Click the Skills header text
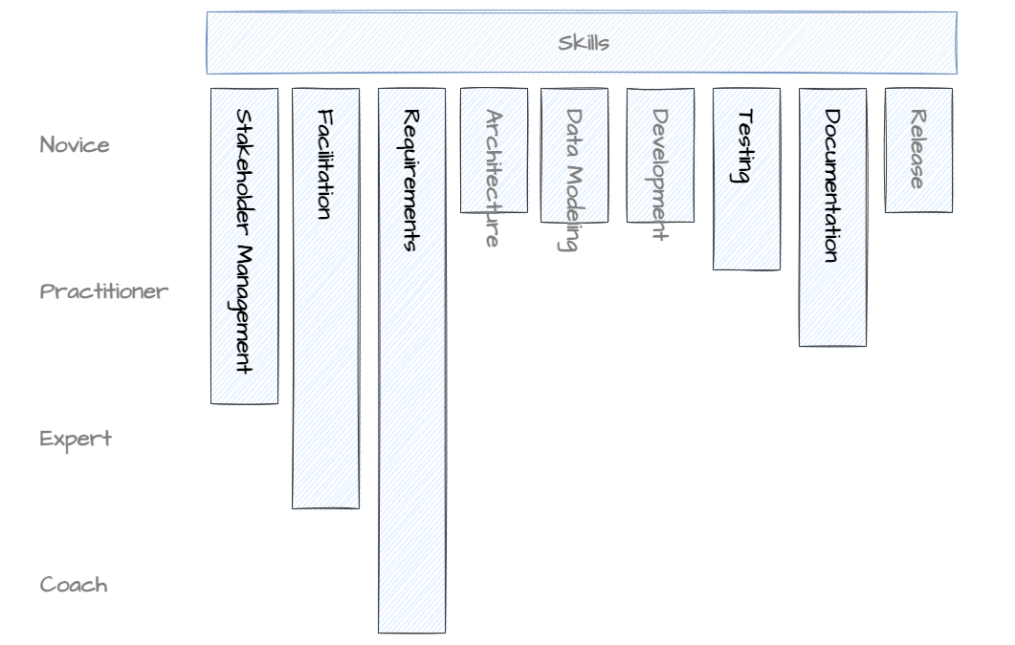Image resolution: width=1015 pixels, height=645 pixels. pos(584,43)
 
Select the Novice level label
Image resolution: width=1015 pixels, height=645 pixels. pos(75,145)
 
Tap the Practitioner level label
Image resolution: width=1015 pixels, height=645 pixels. pos(103,291)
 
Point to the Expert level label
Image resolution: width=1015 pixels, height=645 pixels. pos(76,439)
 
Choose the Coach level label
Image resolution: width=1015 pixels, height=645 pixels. pos(74,585)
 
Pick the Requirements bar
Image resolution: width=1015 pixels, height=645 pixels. pos(411,430)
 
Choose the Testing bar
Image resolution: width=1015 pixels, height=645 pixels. pos(746,220)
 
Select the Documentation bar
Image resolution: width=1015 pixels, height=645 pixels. pos(832,296)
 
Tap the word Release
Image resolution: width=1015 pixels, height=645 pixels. pos(916,149)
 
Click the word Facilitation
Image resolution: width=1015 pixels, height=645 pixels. pos(325,164)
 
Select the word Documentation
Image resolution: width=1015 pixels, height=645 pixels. pos(831,185)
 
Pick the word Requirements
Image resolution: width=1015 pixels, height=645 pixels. pos(410,180)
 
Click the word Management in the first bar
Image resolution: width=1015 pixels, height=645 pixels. pos(244,310)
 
